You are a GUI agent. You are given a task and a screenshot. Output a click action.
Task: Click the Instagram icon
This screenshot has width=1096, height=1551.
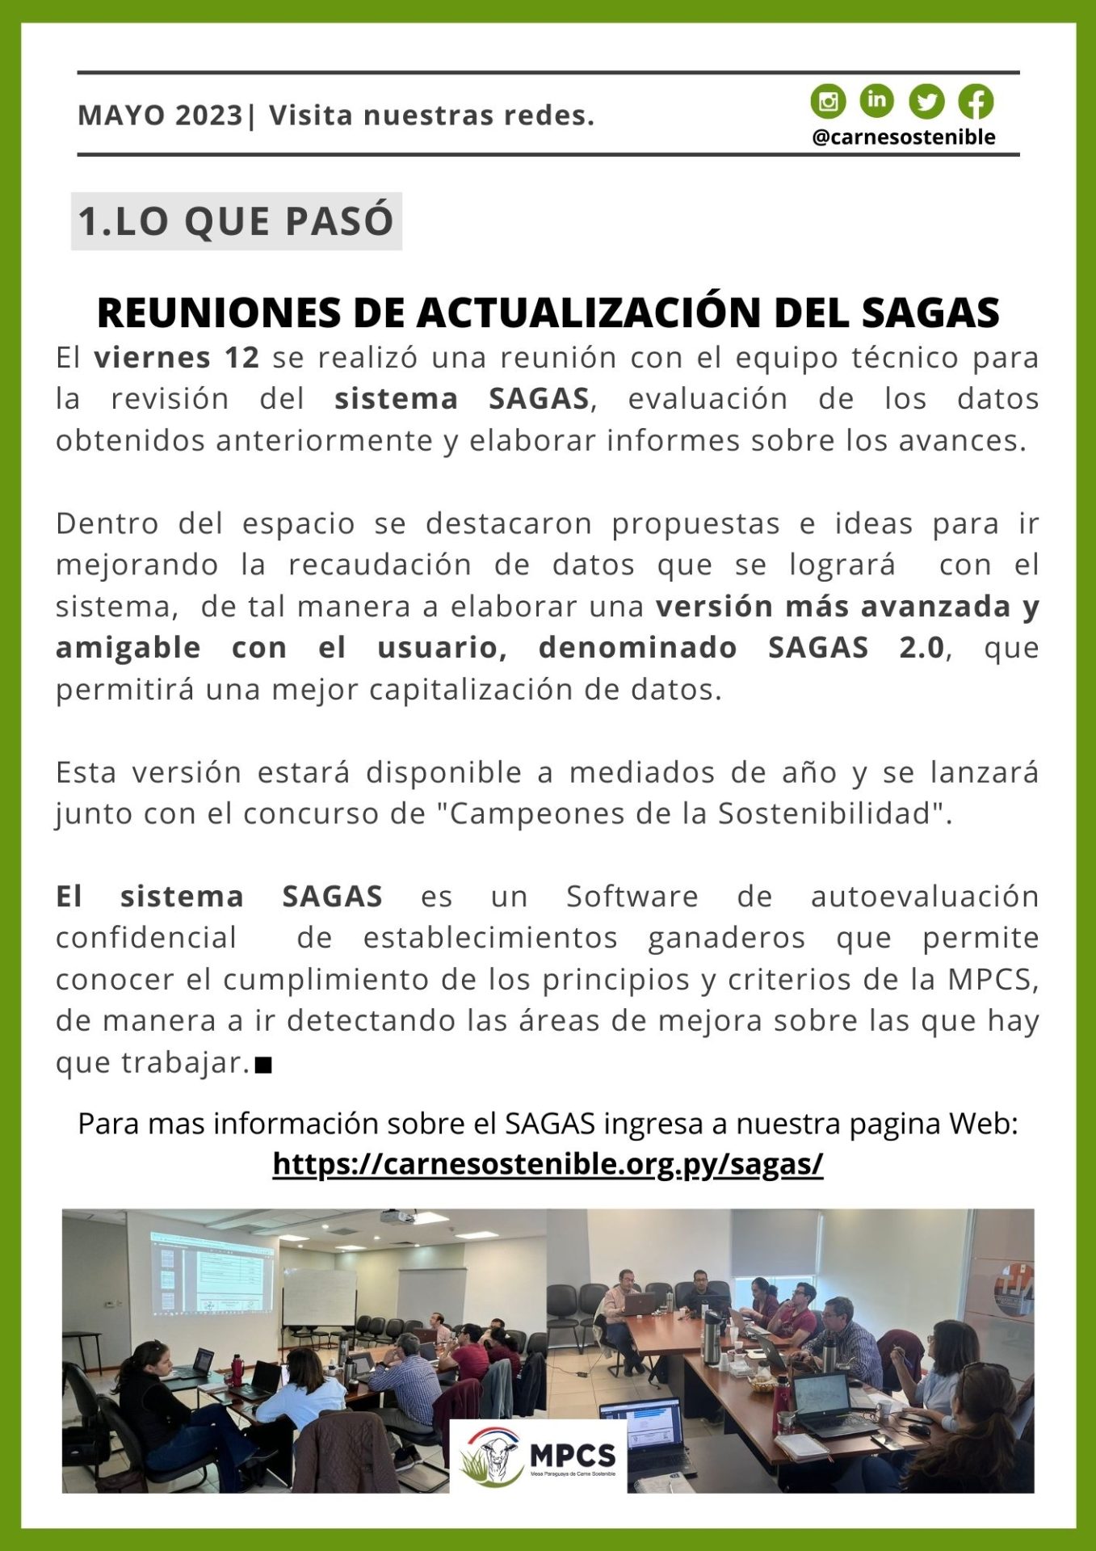828,102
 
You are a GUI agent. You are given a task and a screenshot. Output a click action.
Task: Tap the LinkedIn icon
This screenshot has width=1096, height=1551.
876,100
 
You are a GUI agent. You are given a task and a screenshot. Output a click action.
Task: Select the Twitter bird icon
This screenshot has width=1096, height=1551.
926,102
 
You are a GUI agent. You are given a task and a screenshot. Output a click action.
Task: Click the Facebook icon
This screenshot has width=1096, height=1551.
976,102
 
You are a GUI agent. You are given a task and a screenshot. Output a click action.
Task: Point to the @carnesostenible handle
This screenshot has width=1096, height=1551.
903,137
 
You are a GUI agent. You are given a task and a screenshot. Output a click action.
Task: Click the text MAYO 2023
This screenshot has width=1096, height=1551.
160,116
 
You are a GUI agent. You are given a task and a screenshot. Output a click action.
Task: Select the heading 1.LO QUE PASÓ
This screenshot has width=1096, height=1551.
236,221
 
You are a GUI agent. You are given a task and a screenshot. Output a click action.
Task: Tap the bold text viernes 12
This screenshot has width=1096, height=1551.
177,357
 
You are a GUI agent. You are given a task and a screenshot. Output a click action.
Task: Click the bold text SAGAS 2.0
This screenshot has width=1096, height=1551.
856,647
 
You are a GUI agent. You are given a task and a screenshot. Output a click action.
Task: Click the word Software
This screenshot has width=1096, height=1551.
632,897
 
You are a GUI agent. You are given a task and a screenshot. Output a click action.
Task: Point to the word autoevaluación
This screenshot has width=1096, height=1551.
924,897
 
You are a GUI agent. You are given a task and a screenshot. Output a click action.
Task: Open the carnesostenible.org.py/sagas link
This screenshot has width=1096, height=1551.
548,1164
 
